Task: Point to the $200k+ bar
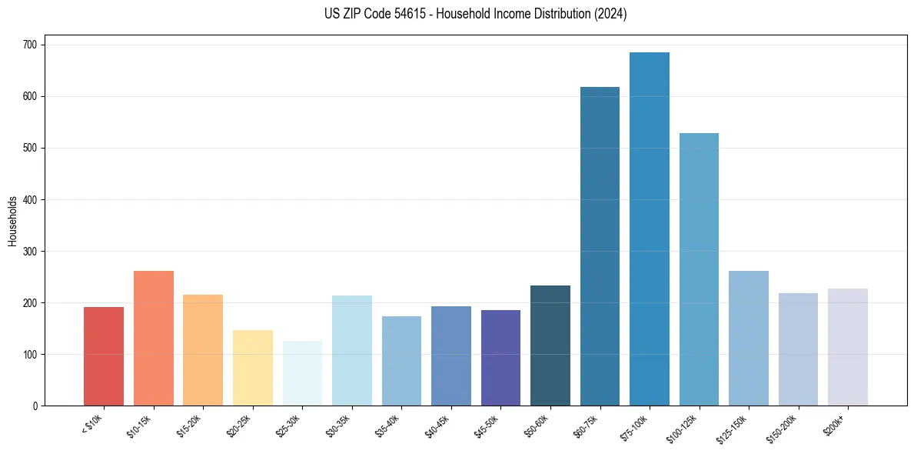pos(847,347)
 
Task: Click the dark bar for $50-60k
pos(550,346)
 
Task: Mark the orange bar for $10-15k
pos(154,338)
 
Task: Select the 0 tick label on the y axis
pos(36,406)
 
